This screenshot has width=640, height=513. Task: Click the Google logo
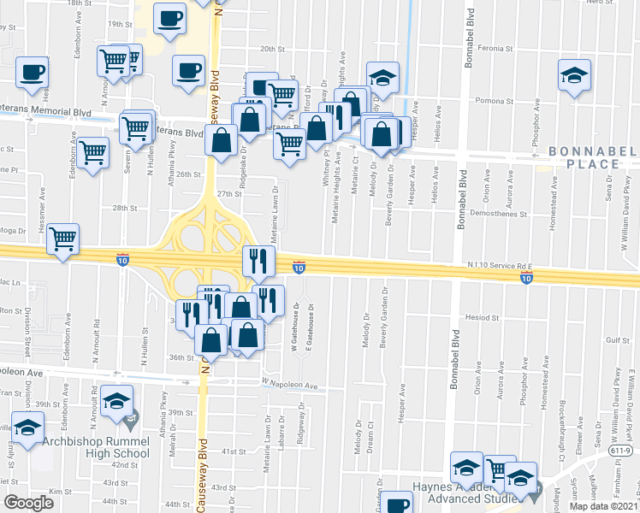click(28, 502)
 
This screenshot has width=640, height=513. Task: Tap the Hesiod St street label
click(482, 316)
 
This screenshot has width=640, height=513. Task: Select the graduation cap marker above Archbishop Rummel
click(116, 399)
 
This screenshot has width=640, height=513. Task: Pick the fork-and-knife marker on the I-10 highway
click(258, 259)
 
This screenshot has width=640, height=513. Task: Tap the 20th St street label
click(272, 49)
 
